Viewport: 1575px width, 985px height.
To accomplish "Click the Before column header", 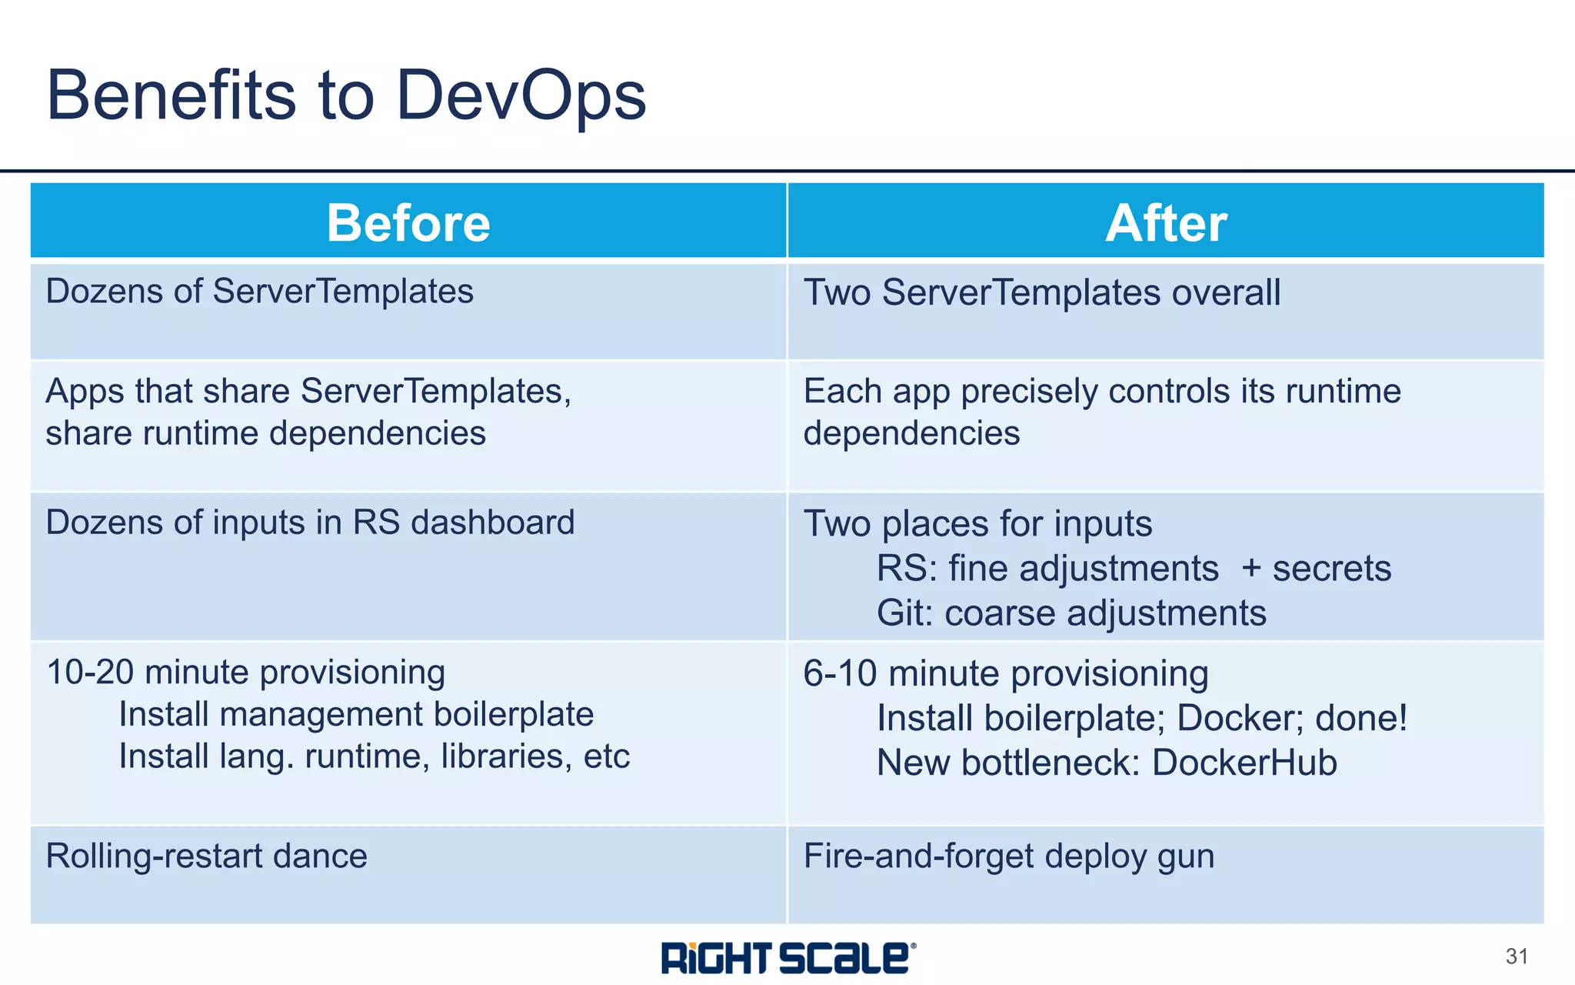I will (x=408, y=223).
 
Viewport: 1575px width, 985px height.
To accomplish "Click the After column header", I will (x=1166, y=223).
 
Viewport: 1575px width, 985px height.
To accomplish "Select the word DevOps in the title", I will (x=521, y=95).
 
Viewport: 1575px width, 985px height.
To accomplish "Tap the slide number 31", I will (x=1517, y=957).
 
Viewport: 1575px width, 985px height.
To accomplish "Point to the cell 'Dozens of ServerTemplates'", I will (x=259, y=292).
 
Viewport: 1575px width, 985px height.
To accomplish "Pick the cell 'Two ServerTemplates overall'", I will (x=1041, y=293).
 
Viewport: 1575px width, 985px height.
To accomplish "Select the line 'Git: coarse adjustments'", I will (x=1071, y=613).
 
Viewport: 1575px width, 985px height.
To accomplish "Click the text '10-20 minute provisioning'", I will (x=245, y=672).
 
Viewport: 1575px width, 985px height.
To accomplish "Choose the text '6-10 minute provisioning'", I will (x=1005, y=673).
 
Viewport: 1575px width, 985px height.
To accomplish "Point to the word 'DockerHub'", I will (x=1244, y=763).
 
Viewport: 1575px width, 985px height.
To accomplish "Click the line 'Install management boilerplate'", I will (x=356, y=714).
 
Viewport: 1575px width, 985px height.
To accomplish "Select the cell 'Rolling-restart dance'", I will (x=206, y=856).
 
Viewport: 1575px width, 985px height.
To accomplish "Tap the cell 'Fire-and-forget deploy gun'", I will (x=1008, y=856).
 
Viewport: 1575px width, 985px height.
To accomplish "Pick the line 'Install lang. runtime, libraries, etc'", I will (x=374, y=756).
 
